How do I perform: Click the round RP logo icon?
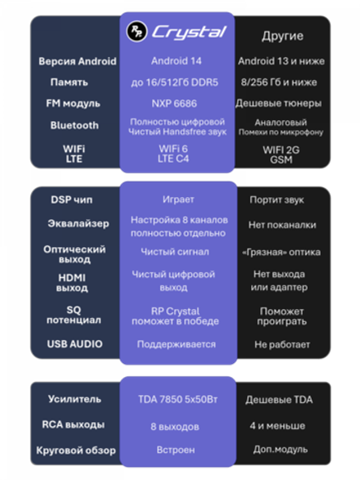tap(137, 31)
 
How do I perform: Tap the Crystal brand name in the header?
tap(189, 32)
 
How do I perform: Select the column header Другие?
tap(282, 36)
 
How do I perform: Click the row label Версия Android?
tap(78, 61)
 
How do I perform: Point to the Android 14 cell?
tap(176, 61)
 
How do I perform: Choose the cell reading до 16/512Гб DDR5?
tap(174, 83)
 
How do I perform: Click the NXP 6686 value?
tap(174, 104)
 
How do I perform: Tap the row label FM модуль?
tap(73, 104)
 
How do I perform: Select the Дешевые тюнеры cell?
tap(278, 104)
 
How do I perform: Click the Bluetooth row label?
tap(74, 125)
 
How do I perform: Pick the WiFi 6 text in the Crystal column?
tap(173, 149)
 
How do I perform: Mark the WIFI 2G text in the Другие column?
tap(281, 150)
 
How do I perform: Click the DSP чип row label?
tap(72, 200)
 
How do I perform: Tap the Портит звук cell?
tap(277, 200)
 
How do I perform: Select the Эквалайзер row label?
tap(79, 223)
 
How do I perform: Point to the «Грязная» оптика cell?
tap(281, 252)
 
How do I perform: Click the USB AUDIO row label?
tap(74, 344)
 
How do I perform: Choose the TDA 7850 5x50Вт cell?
tap(178, 399)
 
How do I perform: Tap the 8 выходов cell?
tap(175, 426)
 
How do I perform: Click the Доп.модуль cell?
tap(281, 450)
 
